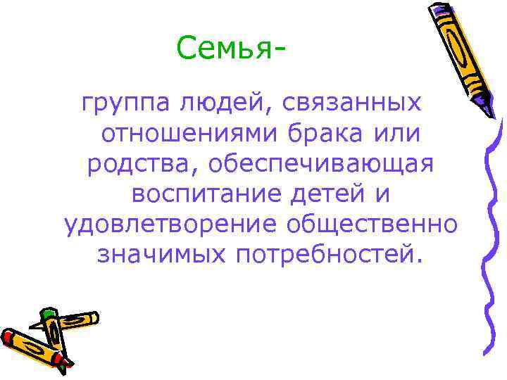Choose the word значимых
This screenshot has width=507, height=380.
tap(161, 253)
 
